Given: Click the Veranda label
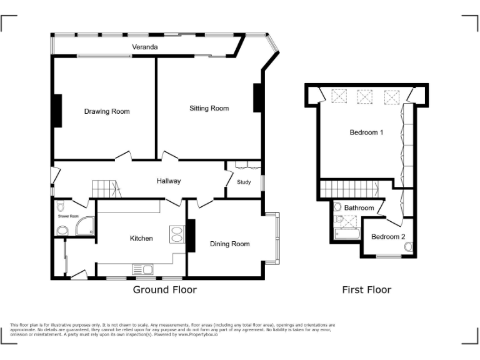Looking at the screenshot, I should (144, 47).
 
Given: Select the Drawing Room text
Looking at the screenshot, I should (107, 111).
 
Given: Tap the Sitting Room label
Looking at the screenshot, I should (209, 108).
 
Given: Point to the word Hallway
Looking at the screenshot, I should (169, 181).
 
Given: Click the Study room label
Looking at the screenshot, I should (244, 182).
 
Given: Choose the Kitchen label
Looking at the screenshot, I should (141, 238).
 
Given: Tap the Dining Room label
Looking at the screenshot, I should (229, 244).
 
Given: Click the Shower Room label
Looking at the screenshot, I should (69, 216).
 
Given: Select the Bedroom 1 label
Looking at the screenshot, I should (366, 132).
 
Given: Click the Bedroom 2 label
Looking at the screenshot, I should (388, 236).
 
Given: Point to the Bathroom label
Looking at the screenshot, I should (359, 207).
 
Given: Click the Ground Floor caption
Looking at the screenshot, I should (164, 289).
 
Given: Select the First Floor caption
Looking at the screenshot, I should (366, 289).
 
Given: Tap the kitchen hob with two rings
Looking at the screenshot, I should (177, 233).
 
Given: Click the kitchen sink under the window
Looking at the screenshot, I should (142, 269).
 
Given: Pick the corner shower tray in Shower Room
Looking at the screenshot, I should (84, 227).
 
